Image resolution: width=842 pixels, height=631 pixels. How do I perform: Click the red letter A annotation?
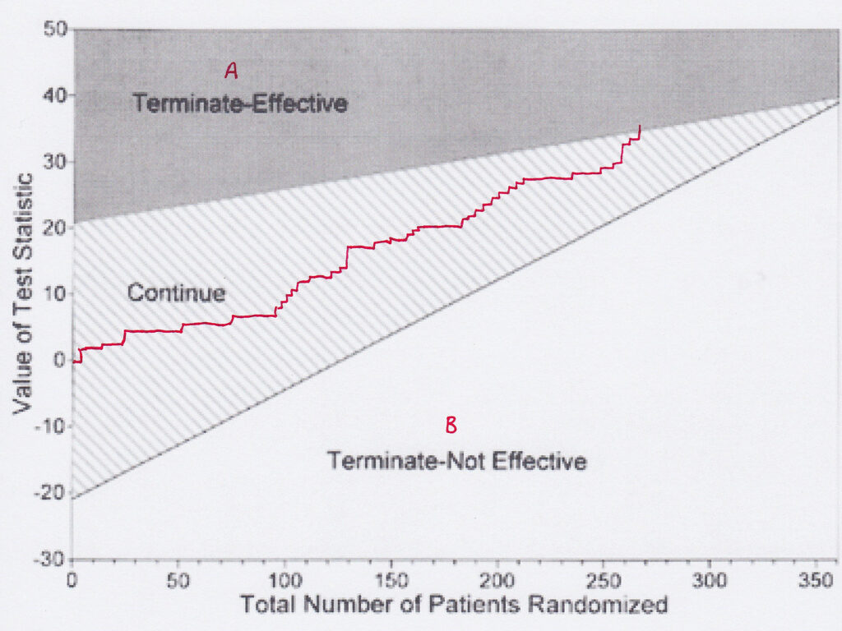click(x=231, y=72)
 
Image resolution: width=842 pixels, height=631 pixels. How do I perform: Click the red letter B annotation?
click(x=451, y=425)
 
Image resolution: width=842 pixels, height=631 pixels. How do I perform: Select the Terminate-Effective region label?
click(x=240, y=104)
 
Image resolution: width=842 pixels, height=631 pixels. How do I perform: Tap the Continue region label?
click(x=176, y=292)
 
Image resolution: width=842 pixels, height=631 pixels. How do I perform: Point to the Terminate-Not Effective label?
click(x=457, y=461)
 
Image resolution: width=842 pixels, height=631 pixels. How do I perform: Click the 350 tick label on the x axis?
click(x=823, y=580)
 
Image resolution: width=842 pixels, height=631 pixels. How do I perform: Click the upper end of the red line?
click(x=640, y=126)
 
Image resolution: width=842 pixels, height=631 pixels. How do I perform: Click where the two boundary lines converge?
click(x=837, y=100)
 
